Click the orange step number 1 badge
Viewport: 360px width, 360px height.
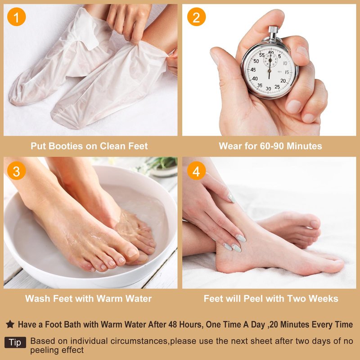pyautogui.click(x=16, y=17)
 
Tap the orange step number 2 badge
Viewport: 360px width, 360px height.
pyautogui.click(x=196, y=17)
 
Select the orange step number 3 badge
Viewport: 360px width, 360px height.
pyautogui.click(x=16, y=171)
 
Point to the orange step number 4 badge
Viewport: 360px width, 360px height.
pyautogui.click(x=196, y=171)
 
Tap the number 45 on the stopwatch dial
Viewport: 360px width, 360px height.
pyautogui.click(x=253, y=70)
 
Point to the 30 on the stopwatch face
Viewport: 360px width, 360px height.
pyautogui.click(x=268, y=88)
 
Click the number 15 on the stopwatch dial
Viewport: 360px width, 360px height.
pyautogui.click(x=287, y=72)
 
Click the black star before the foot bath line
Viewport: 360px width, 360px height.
pyautogui.click(x=10, y=324)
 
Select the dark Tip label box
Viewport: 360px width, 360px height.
pyautogui.click(x=15, y=342)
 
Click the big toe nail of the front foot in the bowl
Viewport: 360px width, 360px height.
pyautogui.click(x=132, y=252)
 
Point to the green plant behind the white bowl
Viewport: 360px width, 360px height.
pyautogui.click(x=162, y=162)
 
